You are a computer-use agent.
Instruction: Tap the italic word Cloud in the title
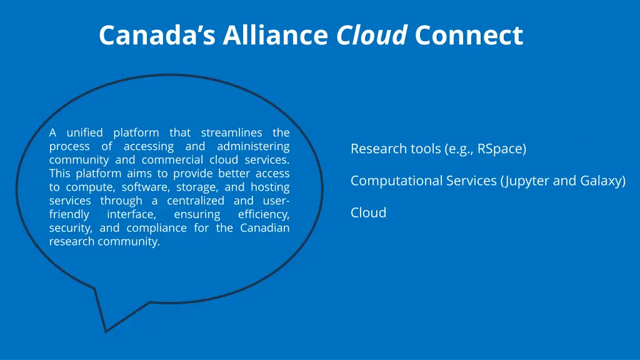372,36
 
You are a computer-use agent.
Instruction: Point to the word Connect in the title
468,36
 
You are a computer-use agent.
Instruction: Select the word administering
253,146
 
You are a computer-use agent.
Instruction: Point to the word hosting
269,187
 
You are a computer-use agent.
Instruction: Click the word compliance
157,228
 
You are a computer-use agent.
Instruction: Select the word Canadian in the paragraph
265,228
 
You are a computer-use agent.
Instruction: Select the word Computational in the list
391,181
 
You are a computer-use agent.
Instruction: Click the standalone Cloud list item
368,213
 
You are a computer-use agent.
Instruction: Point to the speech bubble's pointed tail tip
106,331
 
